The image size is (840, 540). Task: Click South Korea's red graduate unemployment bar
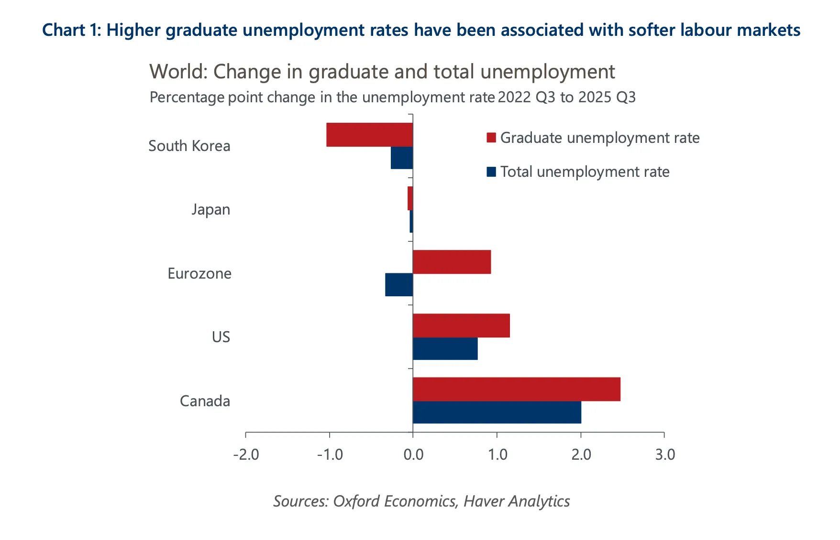pyautogui.click(x=369, y=135)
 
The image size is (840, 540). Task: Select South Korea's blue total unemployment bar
pyautogui.click(x=402, y=158)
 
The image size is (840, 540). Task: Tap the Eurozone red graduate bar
pyautogui.click(x=452, y=262)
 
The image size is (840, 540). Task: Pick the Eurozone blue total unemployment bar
pyautogui.click(x=399, y=285)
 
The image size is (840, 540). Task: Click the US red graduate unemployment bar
pyautogui.click(x=461, y=325)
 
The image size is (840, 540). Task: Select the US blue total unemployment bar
pyautogui.click(x=445, y=349)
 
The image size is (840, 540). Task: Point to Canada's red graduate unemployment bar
pyautogui.click(x=516, y=389)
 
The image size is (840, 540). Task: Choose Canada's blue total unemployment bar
pyautogui.click(x=497, y=412)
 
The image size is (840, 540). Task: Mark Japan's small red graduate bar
pyautogui.click(x=410, y=198)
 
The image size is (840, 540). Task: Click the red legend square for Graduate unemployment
pyautogui.click(x=491, y=138)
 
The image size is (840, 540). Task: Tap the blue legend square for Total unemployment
pyautogui.click(x=491, y=172)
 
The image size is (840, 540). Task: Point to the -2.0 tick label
pyautogui.click(x=246, y=454)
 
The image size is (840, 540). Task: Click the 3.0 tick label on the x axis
pyautogui.click(x=665, y=454)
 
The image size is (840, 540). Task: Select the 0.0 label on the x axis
pyautogui.click(x=413, y=454)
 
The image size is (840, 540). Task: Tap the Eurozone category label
pyautogui.click(x=199, y=273)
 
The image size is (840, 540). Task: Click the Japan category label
pyautogui.click(x=210, y=210)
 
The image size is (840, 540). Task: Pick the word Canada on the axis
pyautogui.click(x=205, y=401)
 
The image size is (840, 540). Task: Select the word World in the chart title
pyautogui.click(x=178, y=72)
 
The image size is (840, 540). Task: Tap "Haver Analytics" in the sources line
pyautogui.click(x=517, y=501)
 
